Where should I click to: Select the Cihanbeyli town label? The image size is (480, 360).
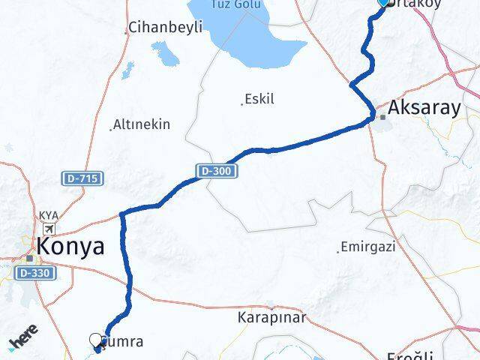(166, 28)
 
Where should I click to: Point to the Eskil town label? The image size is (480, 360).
(259, 99)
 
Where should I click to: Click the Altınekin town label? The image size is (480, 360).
(142, 124)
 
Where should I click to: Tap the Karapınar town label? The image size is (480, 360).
(272, 317)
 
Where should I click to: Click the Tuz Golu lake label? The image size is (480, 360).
(236, 4)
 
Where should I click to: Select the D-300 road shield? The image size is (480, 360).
(218, 172)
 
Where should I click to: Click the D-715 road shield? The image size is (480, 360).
(82, 178)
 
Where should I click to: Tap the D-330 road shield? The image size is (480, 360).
(34, 273)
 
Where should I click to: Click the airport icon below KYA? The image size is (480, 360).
(49, 229)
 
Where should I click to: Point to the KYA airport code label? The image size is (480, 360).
(49, 216)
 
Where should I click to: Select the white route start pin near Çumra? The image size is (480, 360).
(97, 341)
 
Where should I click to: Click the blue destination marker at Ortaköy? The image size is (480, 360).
(385, 2)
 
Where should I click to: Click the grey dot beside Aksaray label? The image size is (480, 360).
(382, 117)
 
